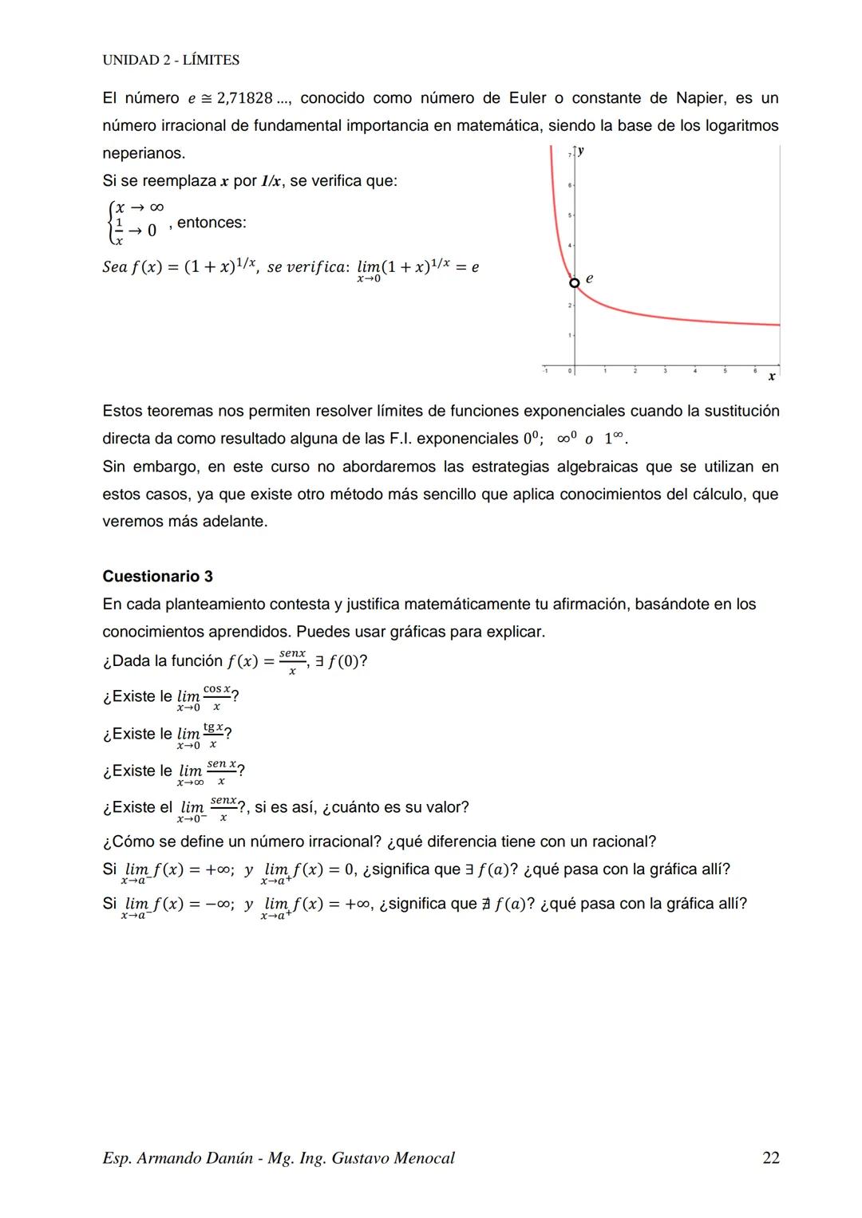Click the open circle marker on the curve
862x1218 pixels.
574,282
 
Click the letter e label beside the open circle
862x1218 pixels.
589,278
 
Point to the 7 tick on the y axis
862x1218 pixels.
570,155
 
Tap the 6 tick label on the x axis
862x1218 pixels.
754,370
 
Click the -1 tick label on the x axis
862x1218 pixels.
545,370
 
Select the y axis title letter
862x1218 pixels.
580,151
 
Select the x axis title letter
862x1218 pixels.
771,376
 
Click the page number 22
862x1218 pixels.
770,1158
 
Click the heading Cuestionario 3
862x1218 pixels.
157,576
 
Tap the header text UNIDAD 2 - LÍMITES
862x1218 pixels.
171,60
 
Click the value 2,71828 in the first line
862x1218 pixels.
244,98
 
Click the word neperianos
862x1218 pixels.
144,153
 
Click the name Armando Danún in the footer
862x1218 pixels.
197,1158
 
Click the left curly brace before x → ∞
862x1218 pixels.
109,222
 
